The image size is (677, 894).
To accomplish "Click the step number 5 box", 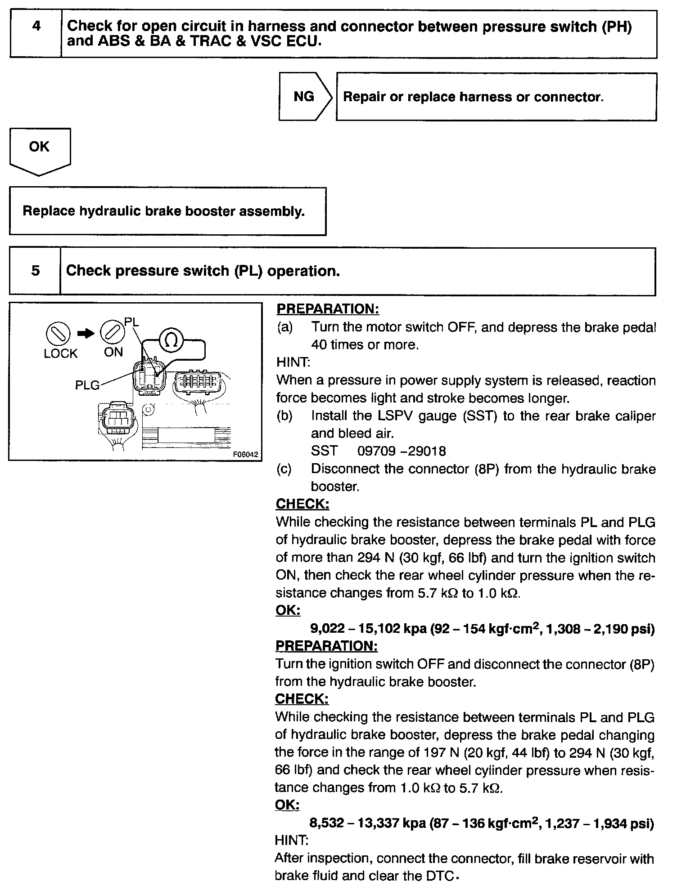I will click(x=35, y=271).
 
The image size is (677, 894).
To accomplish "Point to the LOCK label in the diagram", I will click(x=60, y=354).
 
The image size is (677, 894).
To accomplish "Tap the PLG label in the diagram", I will click(x=87, y=385).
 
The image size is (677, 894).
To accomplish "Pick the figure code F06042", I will click(x=246, y=454).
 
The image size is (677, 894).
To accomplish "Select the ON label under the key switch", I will click(x=113, y=352).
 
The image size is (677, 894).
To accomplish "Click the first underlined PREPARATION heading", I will click(x=327, y=309).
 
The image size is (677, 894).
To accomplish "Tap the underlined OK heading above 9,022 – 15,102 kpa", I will click(x=287, y=610).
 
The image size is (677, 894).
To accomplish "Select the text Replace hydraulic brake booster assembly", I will click(x=163, y=211).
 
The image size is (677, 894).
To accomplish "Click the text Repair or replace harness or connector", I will click(x=473, y=97).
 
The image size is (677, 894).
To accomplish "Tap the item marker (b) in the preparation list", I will click(x=284, y=416).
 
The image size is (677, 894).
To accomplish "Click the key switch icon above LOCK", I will click(x=58, y=334).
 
